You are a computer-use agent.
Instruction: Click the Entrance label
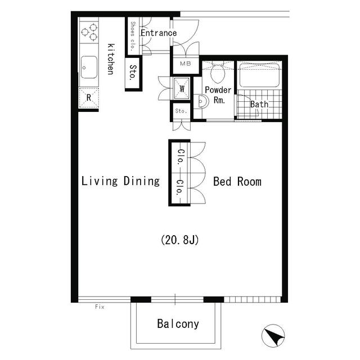pos(158,33)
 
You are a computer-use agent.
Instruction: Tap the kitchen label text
pos(111,58)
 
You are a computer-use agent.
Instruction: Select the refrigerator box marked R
pos(88,97)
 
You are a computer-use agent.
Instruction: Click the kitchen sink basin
pos(88,67)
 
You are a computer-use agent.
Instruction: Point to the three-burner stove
pos(89,31)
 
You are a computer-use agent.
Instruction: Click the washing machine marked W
pos(182,88)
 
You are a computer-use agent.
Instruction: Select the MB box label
pos(185,64)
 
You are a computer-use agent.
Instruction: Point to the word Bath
pos(259,104)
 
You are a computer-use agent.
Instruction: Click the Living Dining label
pos(120,181)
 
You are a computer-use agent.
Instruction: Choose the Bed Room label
pos(237,182)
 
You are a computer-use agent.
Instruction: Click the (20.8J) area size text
pos(181,240)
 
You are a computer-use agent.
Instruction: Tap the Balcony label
pos(178,324)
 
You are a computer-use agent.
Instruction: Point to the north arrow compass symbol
pos(274,337)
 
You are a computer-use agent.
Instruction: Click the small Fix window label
pos(100,307)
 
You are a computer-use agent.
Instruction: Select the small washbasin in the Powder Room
pos(203,102)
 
